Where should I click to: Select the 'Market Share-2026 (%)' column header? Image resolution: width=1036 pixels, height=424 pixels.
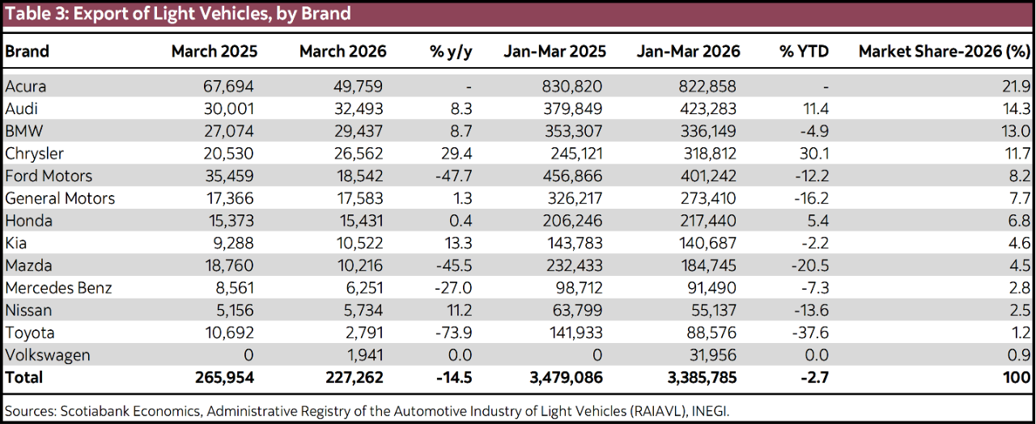[x=944, y=51]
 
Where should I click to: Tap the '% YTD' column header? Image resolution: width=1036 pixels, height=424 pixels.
[x=804, y=51]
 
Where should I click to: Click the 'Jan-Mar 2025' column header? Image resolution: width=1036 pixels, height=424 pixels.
[x=554, y=51]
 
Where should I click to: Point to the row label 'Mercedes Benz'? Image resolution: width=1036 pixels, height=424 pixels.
[x=58, y=288]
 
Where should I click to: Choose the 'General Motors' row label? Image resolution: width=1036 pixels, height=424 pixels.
[x=60, y=198]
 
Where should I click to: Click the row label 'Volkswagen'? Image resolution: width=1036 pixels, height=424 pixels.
[x=47, y=355]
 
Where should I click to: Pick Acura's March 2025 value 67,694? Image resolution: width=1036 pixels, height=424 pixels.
[x=226, y=87]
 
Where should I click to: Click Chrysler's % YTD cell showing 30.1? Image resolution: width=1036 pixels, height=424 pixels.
[x=813, y=154]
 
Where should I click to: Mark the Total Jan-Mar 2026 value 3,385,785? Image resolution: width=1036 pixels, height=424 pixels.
[x=688, y=378]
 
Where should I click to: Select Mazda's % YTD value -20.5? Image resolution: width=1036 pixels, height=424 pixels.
[x=810, y=265]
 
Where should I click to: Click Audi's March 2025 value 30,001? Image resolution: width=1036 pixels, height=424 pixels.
[x=226, y=109]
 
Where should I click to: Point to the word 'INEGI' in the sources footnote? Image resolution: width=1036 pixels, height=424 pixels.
[x=709, y=411]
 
